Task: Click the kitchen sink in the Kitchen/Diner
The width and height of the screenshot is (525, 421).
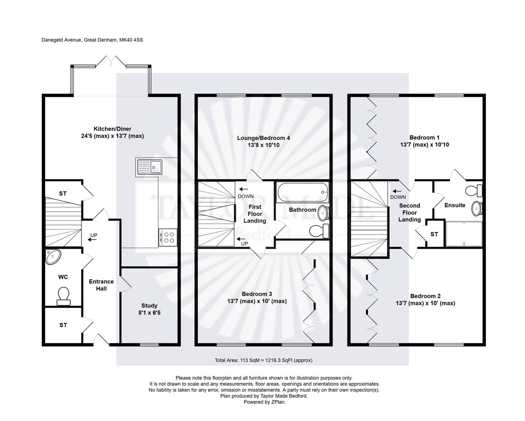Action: [x=150, y=167]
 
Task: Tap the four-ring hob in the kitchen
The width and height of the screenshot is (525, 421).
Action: [x=169, y=237]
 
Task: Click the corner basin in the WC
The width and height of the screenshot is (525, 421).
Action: [x=53, y=256]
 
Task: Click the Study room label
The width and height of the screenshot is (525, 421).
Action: [x=149, y=306]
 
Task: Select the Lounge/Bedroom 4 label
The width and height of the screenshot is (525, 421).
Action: [x=264, y=138]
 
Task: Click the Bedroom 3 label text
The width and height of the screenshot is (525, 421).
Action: [x=257, y=294]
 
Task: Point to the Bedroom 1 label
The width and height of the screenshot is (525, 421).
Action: [x=424, y=138]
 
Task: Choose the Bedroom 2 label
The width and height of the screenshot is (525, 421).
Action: [x=425, y=296]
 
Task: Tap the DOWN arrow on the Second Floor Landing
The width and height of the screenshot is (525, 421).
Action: [x=398, y=191]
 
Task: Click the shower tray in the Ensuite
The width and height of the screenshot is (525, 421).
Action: [x=464, y=234]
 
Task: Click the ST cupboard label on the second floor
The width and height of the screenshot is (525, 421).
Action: [x=434, y=234]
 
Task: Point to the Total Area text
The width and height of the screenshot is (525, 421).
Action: [x=263, y=360]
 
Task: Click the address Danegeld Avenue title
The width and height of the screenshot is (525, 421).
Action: [x=92, y=40]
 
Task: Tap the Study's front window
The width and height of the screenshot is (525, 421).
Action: [x=149, y=344]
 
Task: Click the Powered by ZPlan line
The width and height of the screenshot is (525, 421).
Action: [x=264, y=402]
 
